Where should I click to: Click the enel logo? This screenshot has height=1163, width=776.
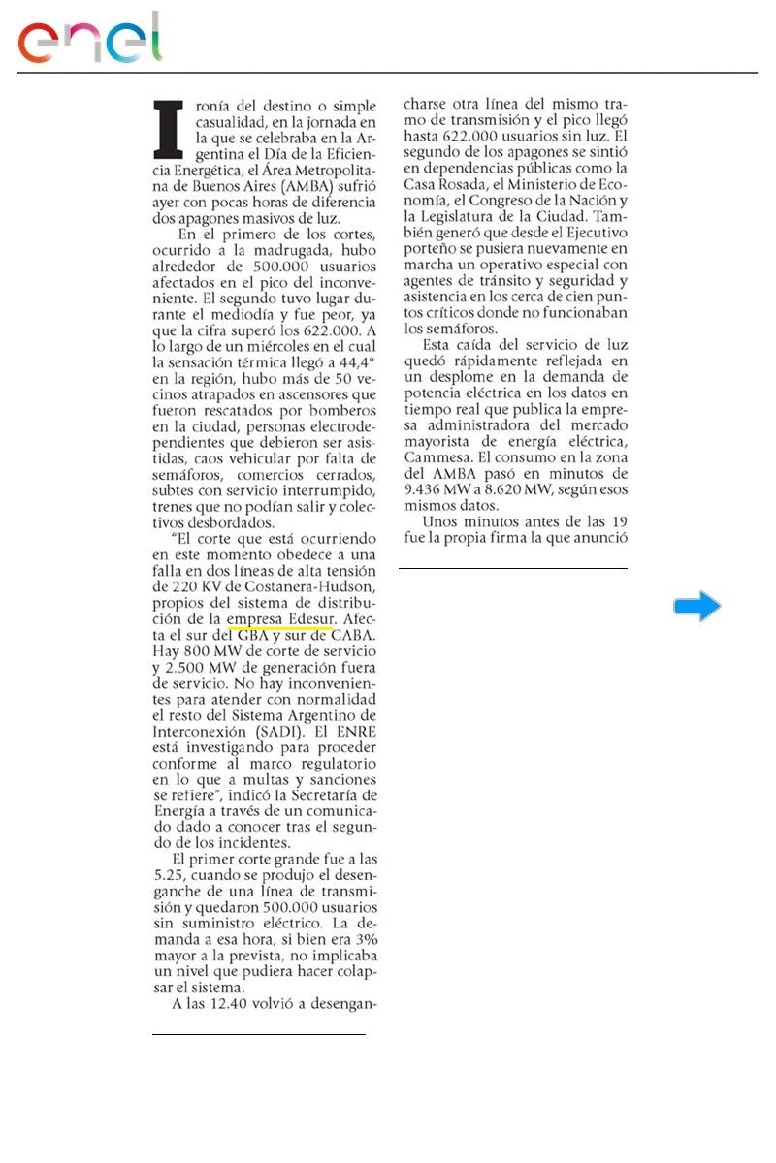coord(90,39)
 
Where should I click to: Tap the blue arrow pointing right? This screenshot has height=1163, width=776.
coord(697,608)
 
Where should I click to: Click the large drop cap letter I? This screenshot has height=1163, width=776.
coord(170,129)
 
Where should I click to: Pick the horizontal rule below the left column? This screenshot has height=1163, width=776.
coord(258,1035)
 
